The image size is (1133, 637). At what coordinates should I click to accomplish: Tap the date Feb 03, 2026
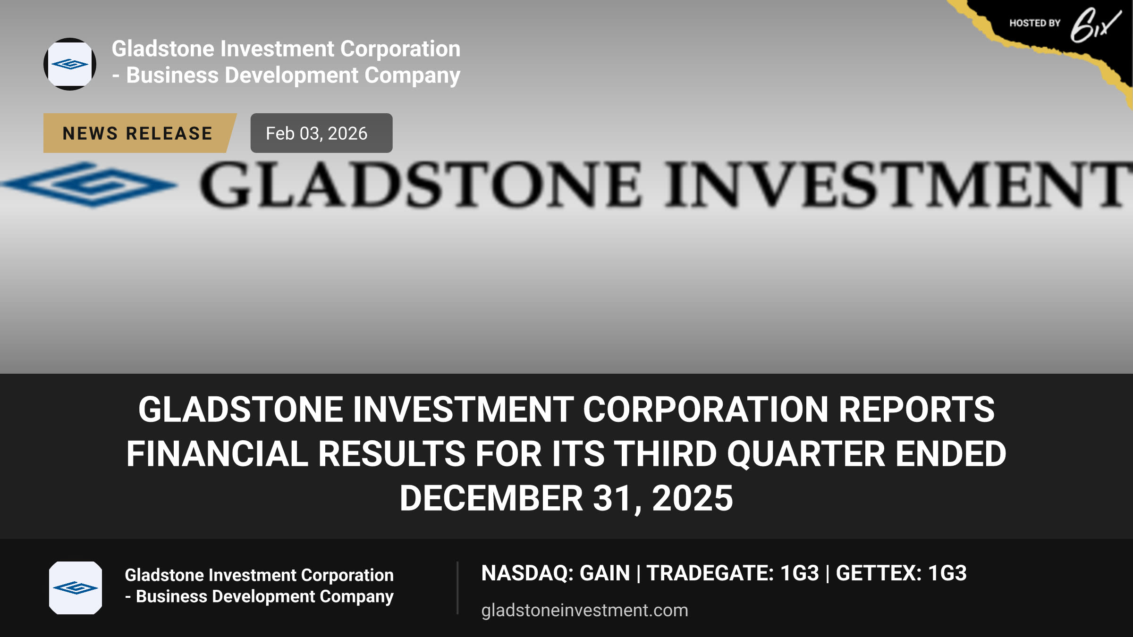[x=316, y=134]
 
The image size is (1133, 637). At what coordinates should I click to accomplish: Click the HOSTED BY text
[x=1035, y=23]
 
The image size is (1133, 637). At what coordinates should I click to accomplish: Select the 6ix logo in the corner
[x=1095, y=25]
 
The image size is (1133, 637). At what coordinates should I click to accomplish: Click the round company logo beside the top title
[x=70, y=64]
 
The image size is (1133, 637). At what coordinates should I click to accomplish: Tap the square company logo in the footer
[x=76, y=588]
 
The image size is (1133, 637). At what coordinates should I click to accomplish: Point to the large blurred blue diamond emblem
[x=90, y=184]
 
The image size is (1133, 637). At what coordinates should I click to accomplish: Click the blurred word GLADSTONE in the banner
[x=420, y=184]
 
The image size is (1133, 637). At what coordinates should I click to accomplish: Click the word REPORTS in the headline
[x=916, y=409]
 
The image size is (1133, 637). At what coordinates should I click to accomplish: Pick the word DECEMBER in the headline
[x=491, y=498]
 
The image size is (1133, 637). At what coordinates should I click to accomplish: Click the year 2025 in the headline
[x=693, y=498]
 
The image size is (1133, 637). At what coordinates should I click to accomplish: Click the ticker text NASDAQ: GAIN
[x=556, y=573]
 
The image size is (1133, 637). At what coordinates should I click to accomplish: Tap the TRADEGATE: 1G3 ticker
[x=733, y=573]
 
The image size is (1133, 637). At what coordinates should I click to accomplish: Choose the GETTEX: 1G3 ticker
[x=901, y=573]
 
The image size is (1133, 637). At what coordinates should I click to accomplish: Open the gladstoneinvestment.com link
[x=584, y=610]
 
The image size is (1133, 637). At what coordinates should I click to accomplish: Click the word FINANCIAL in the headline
[x=217, y=454]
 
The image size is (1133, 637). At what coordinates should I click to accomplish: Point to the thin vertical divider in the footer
[x=457, y=588]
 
